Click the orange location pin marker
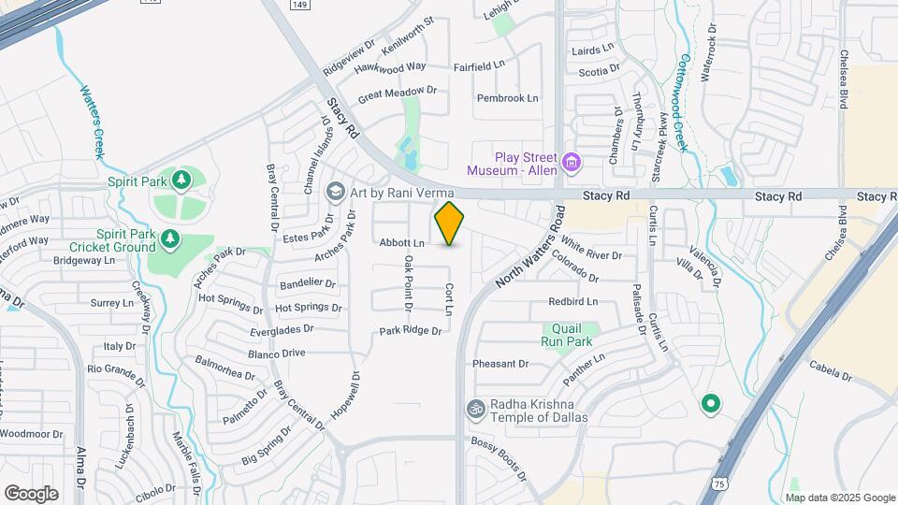point(449,224)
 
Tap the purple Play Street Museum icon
point(571,164)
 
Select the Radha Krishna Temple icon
point(474,409)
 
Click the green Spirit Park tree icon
point(182,179)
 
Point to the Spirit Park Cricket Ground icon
point(169,240)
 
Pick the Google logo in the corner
point(31,493)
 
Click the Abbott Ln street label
point(401,243)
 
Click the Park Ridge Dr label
point(409,331)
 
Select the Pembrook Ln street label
point(507,97)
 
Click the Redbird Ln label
point(572,301)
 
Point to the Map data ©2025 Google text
point(840,496)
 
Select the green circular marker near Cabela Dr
point(710,404)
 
